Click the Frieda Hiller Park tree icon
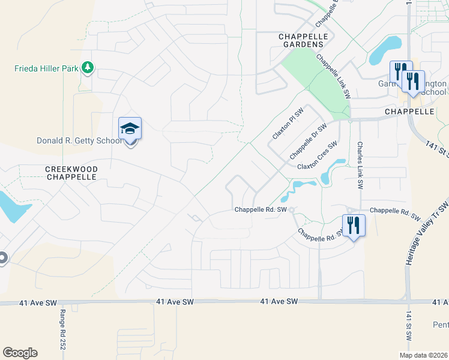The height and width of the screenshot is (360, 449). [x=88, y=67]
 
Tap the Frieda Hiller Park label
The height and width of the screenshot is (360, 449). [x=47, y=68]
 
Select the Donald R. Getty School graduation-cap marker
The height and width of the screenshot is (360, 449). [x=130, y=130]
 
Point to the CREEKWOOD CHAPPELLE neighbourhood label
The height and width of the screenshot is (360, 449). [x=71, y=173]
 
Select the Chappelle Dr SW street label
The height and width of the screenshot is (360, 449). [x=308, y=142]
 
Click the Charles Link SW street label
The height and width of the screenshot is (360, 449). [x=360, y=166]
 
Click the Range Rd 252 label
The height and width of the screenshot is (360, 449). [x=62, y=329]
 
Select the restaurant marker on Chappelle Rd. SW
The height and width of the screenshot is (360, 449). [x=354, y=226]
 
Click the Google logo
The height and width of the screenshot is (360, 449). [x=20, y=353]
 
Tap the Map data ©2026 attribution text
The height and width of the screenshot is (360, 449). [x=423, y=355]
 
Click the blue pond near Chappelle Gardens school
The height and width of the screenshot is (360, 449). [x=385, y=50]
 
